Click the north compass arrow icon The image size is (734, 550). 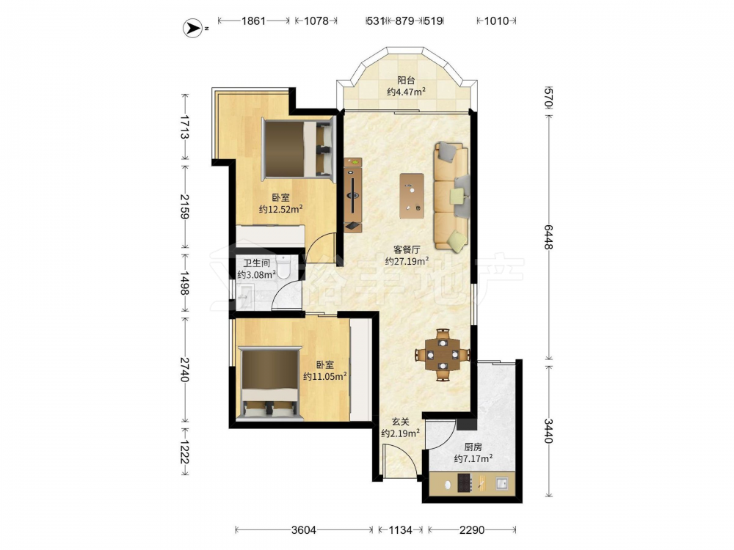(x=192, y=29)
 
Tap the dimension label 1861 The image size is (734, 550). (x=253, y=21)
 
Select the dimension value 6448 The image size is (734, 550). (x=548, y=237)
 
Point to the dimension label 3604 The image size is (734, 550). (x=304, y=530)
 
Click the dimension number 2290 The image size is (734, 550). (x=472, y=530)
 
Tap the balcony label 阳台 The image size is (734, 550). (x=406, y=81)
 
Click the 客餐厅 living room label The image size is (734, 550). (x=407, y=250)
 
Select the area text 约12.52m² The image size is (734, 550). (x=281, y=209)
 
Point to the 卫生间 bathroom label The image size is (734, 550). (x=256, y=263)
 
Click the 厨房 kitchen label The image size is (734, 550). (x=473, y=447)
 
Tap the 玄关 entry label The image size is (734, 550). (x=400, y=422)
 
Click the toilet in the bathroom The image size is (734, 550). (x=283, y=267)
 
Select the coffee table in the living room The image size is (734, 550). (x=412, y=196)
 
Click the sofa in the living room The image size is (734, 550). (x=451, y=196)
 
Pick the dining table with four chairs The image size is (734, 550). (x=443, y=355)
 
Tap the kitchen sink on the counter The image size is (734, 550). (x=502, y=483)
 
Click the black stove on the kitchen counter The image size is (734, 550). (x=465, y=483)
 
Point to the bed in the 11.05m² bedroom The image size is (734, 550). (x=269, y=382)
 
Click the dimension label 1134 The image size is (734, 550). (x=401, y=530)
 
